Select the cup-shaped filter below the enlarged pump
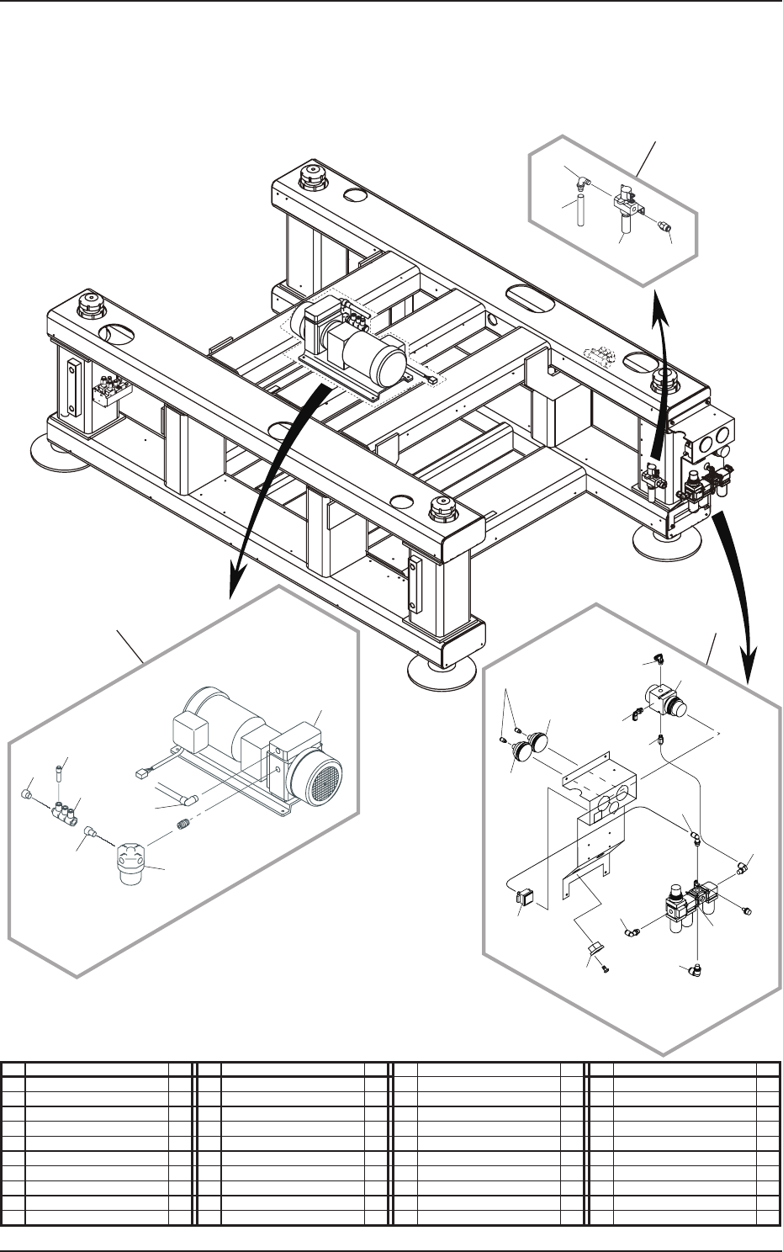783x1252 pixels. [132, 865]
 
